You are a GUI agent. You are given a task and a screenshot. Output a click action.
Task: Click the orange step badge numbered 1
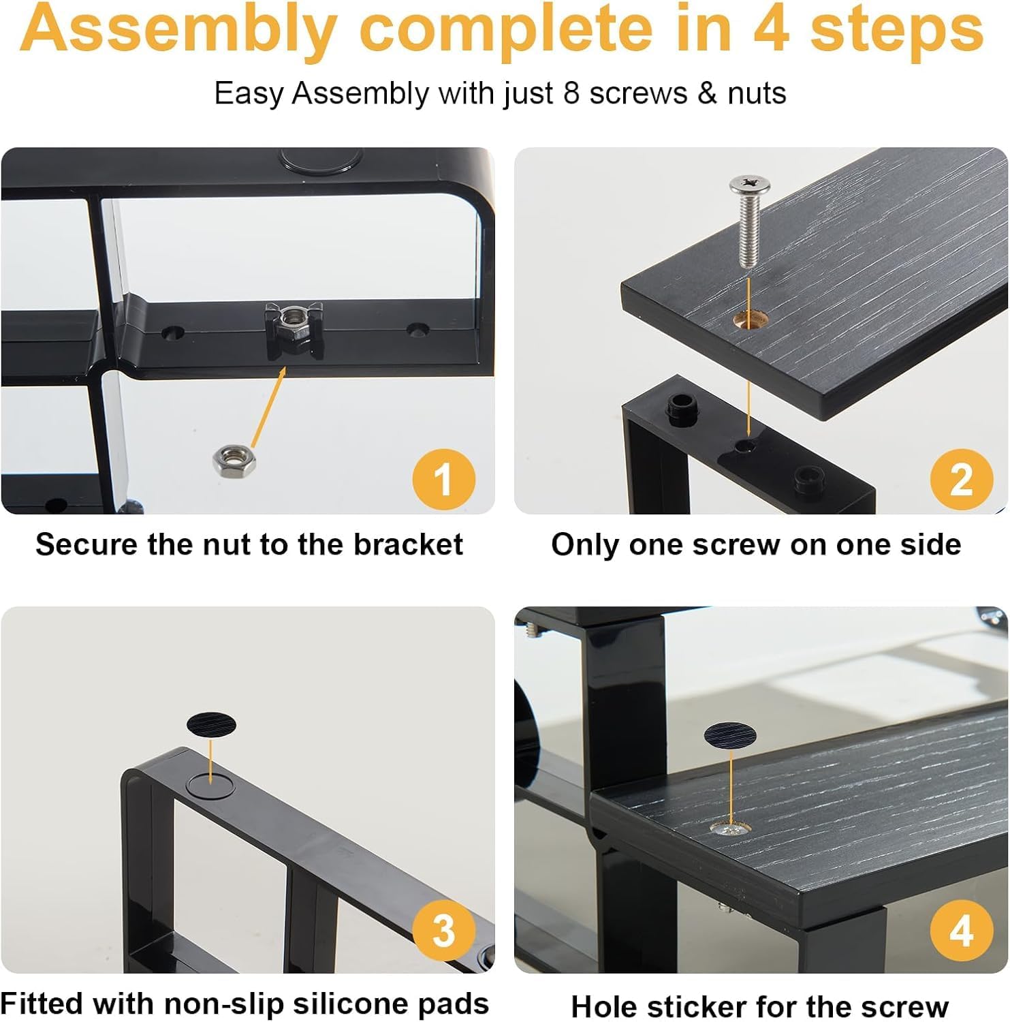coord(443,479)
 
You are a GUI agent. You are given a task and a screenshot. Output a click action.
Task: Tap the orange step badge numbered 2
coord(961,479)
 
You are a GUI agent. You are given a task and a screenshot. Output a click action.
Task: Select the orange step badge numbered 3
coord(443,931)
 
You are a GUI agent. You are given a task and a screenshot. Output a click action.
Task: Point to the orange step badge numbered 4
coord(961,931)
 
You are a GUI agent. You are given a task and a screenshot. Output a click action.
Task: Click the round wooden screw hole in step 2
coord(750,318)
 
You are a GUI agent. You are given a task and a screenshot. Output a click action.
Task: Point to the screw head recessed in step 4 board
coord(730,829)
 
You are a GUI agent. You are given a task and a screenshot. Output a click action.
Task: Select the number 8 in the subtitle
coord(571,93)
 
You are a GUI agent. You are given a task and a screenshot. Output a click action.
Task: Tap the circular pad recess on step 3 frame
coord(210,786)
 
